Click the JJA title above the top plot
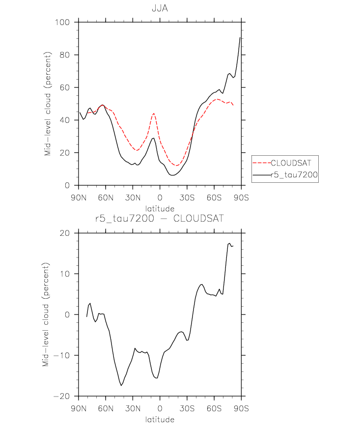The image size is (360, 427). (x=160, y=8)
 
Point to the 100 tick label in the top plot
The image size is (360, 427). (x=62, y=22)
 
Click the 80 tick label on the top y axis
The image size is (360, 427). (x=65, y=55)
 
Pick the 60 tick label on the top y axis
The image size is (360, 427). (x=65, y=87)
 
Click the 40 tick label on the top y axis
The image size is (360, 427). (x=65, y=120)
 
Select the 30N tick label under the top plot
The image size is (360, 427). (x=133, y=198)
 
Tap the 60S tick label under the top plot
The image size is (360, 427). (x=214, y=198)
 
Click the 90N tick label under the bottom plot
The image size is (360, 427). (x=79, y=408)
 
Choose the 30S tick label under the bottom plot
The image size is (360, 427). (x=187, y=408)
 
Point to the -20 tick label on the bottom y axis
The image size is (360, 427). (x=62, y=396)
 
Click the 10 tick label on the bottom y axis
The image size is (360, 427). (x=65, y=274)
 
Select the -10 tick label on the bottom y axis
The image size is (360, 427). (x=62, y=355)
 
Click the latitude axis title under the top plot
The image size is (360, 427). (x=160, y=209)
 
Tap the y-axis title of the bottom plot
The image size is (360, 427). (x=46, y=314)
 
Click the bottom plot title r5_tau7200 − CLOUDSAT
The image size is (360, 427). (x=160, y=218)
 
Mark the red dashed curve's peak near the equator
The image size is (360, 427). (x=154, y=114)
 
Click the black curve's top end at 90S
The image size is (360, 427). (x=240, y=37)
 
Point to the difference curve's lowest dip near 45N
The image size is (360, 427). (x=121, y=385)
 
